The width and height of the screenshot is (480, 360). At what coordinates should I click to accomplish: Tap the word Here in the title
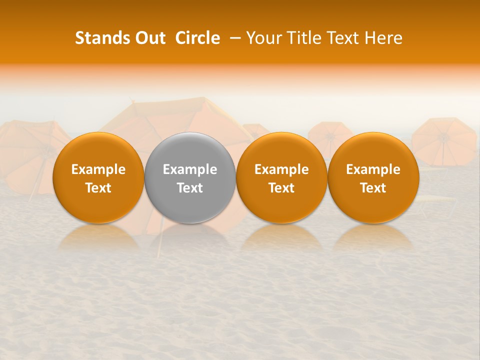383,38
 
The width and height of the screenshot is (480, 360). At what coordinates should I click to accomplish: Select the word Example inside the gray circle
190,169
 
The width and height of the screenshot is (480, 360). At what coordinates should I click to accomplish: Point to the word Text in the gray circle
190,188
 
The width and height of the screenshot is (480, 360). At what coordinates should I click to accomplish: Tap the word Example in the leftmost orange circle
98,169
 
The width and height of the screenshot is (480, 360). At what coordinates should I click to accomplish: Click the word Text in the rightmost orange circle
373,188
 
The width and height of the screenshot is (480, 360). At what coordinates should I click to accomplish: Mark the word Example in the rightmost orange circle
373,169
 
